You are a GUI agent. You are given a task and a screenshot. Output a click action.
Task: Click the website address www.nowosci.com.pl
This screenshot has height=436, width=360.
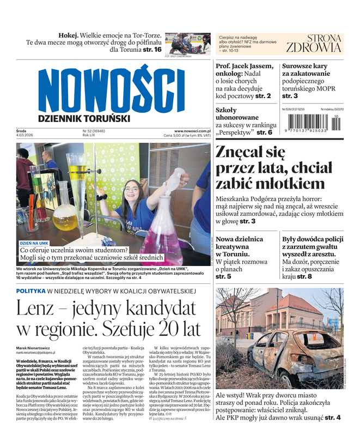192,131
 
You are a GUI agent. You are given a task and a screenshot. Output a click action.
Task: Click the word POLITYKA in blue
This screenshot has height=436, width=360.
30,291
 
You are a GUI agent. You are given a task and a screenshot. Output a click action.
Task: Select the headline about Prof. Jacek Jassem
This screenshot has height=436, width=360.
244,81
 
